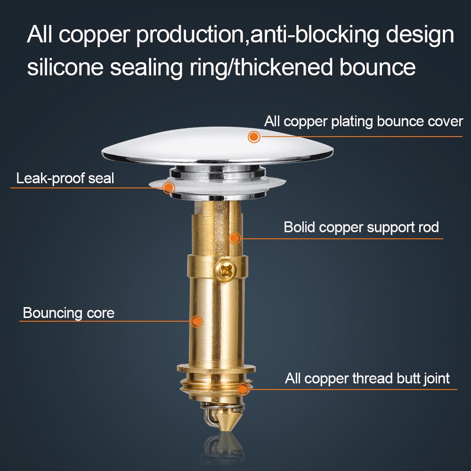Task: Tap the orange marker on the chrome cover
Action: (254, 137)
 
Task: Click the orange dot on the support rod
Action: (235, 238)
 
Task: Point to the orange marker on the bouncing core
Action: (197, 322)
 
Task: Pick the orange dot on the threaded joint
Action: (243, 389)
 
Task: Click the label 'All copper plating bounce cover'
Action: (363, 122)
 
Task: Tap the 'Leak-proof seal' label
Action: (65, 179)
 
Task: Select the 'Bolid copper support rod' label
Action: (361, 227)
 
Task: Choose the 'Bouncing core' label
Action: (68, 313)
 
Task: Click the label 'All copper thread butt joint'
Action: (367, 378)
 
